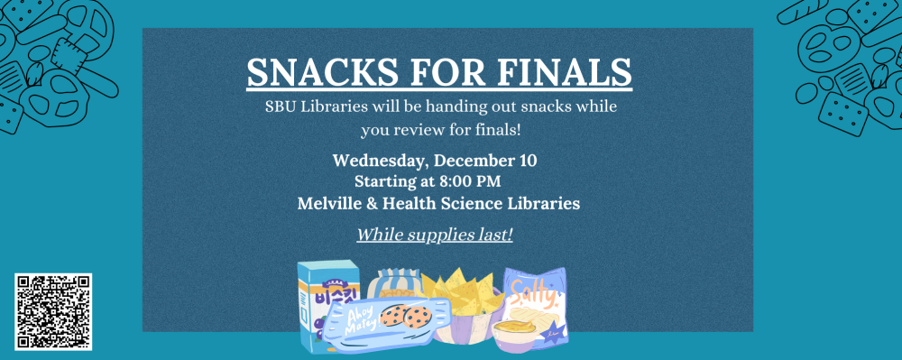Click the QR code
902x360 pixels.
[x=53, y=310]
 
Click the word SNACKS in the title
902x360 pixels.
[x=323, y=71]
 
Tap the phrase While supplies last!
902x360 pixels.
[x=435, y=235]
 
